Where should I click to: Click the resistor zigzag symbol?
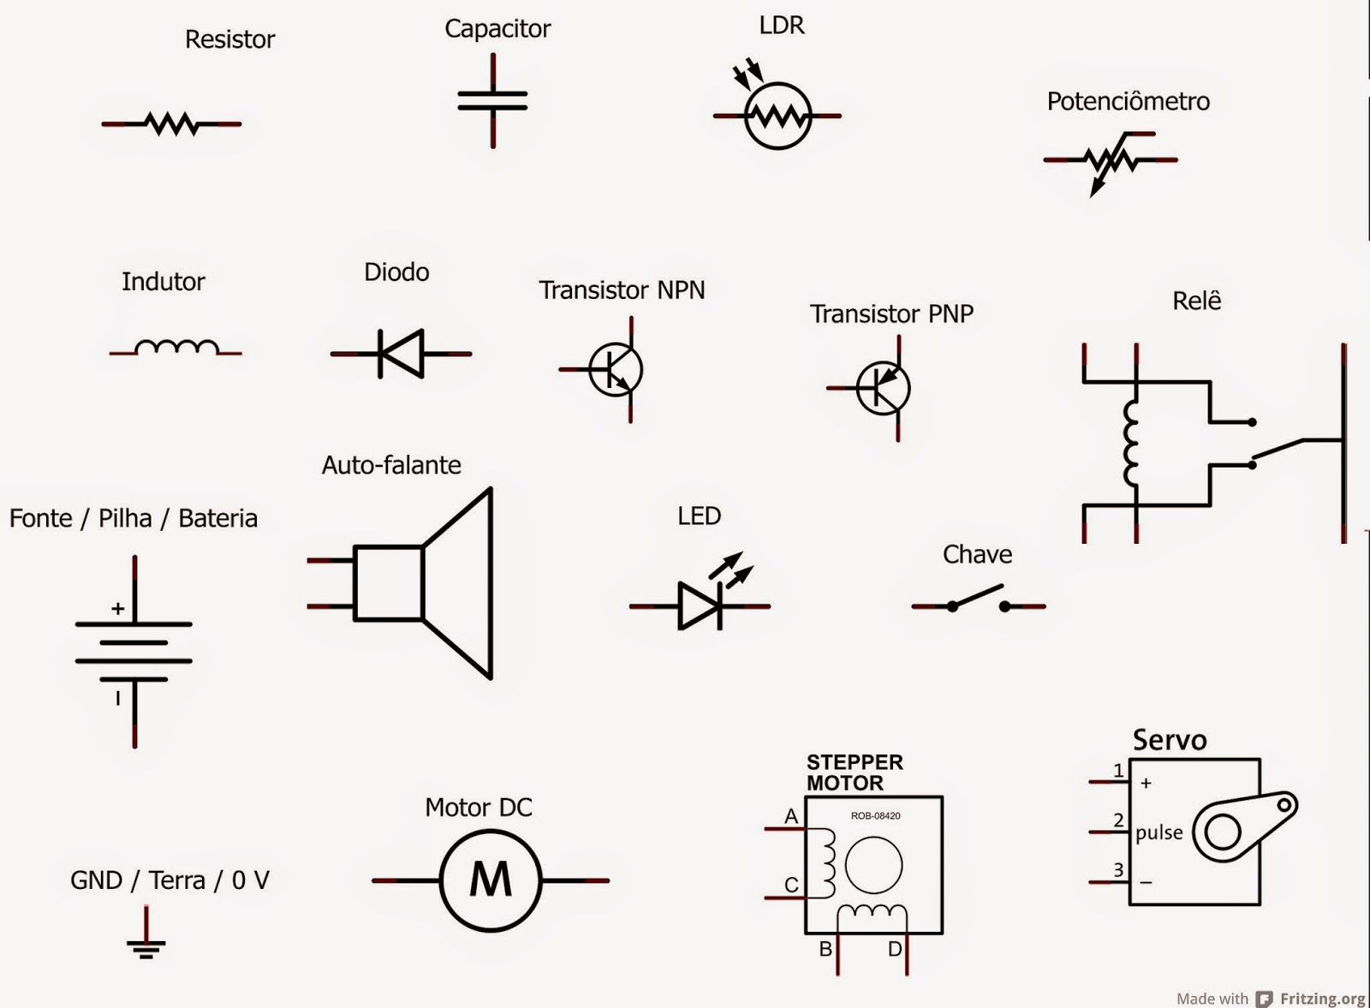(172, 124)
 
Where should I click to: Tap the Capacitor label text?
(497, 28)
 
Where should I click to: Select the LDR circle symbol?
(777, 116)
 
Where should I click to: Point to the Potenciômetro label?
(1128, 101)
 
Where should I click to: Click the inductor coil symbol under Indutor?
(176, 347)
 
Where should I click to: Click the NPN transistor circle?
(616, 369)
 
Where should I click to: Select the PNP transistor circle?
(883, 388)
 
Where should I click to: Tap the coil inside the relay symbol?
(1132, 444)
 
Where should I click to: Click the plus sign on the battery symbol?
(118, 608)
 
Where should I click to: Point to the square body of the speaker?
(388, 583)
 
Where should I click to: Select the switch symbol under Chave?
(978, 599)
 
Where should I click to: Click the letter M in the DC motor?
(491, 880)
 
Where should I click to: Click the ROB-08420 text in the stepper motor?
(875, 815)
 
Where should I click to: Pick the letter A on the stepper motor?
(790, 816)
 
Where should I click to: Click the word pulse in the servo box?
(1159, 832)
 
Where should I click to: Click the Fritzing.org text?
(1321, 999)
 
